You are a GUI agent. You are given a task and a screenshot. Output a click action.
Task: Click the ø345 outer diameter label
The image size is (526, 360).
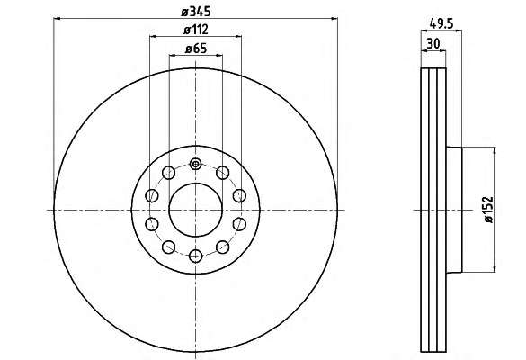pos(196,12)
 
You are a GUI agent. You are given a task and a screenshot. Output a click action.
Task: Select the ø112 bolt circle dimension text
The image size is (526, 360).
pos(196,30)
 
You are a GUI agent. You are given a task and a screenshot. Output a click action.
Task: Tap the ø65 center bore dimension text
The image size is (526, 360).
pos(196,49)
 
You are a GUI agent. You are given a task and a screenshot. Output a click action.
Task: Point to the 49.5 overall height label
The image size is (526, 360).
pos(441,23)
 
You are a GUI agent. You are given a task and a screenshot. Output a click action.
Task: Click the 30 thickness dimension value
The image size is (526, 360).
pos(433,44)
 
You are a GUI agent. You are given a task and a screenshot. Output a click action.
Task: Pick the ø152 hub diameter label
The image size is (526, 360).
pos(489,210)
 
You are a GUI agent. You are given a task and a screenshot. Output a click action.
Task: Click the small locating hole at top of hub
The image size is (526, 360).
pos(196,164)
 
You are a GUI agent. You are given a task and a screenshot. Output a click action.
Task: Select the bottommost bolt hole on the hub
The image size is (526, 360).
pos(196,256)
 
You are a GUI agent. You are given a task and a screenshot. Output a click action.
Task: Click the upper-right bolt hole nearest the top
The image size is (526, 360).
pos(223,173)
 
